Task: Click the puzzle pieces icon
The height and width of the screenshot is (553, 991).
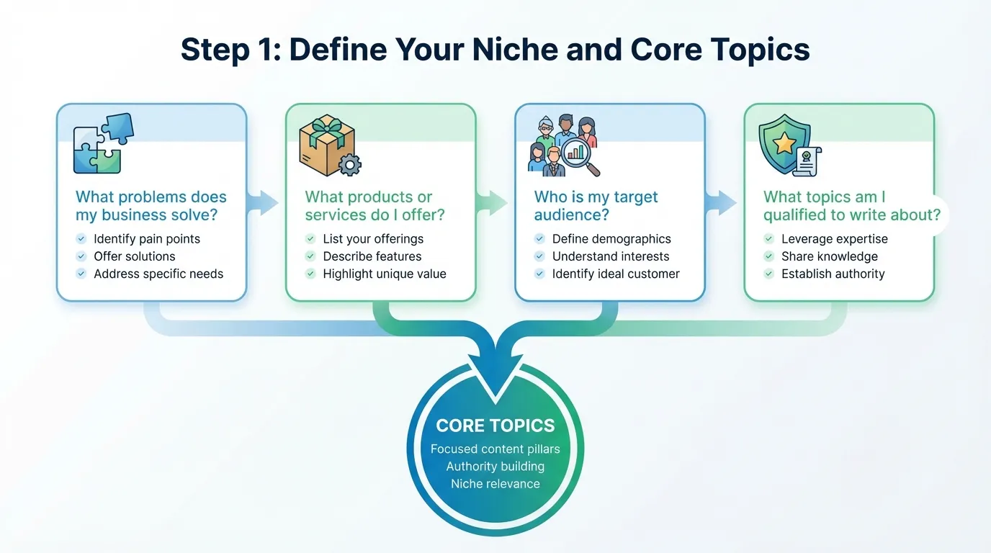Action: coord(104,144)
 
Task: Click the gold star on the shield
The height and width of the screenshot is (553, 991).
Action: coord(784,143)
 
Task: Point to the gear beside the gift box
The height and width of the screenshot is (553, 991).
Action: coord(350,165)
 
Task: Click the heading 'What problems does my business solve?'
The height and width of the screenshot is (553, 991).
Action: coord(151,206)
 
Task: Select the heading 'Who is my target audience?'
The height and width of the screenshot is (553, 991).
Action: coord(596,206)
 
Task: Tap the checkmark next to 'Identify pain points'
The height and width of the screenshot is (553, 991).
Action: coord(81,239)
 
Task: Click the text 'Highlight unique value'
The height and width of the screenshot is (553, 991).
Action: coord(384,274)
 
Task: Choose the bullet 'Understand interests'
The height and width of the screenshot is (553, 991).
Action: coord(610,256)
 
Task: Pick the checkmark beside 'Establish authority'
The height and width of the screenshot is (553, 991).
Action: coord(768,274)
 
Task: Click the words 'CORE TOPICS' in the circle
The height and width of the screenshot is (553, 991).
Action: coord(495,426)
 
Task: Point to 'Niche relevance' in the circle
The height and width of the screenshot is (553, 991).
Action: coord(495,484)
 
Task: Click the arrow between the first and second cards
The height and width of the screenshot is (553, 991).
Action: coord(265,203)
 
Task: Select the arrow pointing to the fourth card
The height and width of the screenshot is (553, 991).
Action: coord(723,203)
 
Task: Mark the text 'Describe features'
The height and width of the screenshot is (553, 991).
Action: coord(372,256)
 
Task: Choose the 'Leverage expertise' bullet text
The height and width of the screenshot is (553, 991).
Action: coord(834,239)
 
